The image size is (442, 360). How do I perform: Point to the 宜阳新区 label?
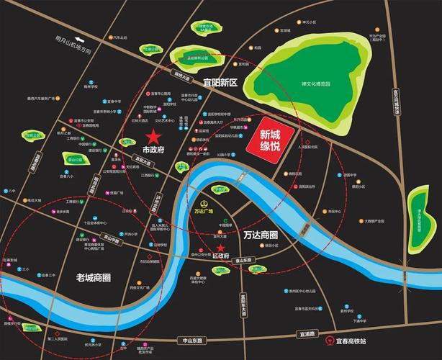click(220, 83)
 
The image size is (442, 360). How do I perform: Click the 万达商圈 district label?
click(261, 235)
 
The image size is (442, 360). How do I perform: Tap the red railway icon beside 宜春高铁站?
click(329, 341)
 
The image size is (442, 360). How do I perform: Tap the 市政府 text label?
click(154, 150)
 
